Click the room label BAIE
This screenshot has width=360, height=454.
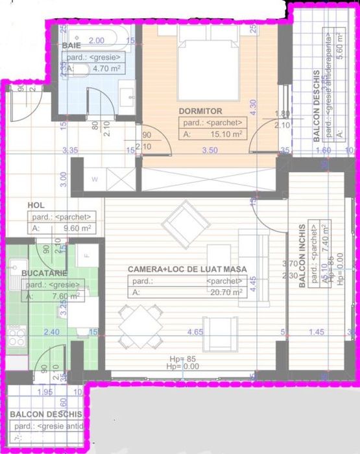72,46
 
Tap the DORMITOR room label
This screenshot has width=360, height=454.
200,111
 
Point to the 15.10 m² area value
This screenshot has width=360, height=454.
223,134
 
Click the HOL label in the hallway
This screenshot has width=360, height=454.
36,206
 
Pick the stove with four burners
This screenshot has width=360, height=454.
16,337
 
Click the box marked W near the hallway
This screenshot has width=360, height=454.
95,179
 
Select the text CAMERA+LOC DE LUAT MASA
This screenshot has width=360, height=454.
187,269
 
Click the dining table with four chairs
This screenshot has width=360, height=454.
139,326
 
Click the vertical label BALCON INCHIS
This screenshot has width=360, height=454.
302,256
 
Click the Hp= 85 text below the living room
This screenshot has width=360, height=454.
182,359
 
